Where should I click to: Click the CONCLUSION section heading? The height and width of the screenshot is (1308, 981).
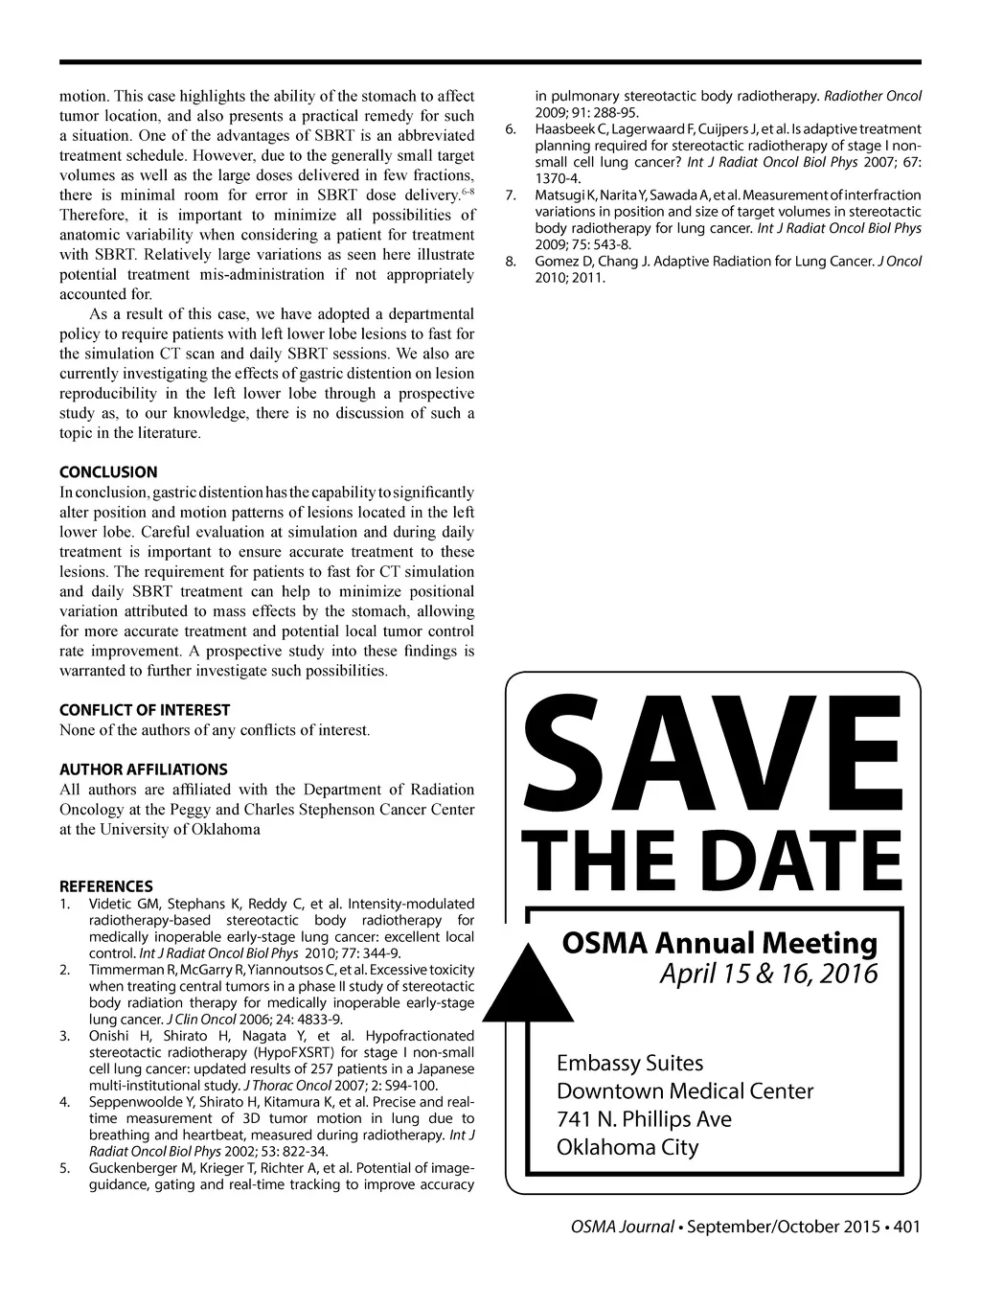coord(108,471)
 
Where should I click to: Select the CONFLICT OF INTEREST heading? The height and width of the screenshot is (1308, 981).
coord(145,710)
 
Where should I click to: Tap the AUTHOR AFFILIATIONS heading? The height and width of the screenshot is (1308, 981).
coord(144,769)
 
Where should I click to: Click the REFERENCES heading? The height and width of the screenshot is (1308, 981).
coord(106,886)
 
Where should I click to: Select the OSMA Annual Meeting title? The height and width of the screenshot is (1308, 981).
coord(719,943)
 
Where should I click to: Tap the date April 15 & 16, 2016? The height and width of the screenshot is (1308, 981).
coord(768,974)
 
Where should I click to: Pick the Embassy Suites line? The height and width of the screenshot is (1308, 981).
coord(630,1063)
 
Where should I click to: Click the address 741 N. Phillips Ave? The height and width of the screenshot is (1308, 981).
coord(644,1119)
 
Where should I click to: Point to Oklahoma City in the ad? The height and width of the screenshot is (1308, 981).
coord(627,1147)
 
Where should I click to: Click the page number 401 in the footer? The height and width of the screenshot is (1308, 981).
coord(905,1227)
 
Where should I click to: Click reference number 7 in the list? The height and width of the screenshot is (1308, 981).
coord(511,195)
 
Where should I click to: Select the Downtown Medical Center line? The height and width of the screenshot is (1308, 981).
coord(685,1091)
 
